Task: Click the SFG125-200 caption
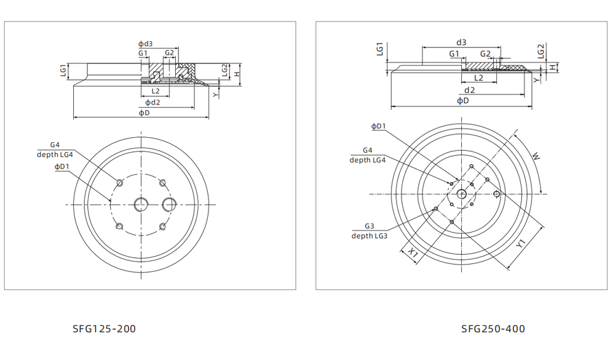(x=104, y=329)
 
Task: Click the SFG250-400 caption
(x=493, y=329)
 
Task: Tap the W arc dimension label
(x=536, y=157)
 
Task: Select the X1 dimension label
(x=414, y=253)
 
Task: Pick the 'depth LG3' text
(x=369, y=236)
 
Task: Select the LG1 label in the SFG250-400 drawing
(x=379, y=49)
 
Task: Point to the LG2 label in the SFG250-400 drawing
(x=541, y=50)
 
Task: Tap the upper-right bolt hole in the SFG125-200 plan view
(x=163, y=183)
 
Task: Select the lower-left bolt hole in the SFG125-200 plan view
(x=120, y=226)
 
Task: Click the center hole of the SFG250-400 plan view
(x=461, y=194)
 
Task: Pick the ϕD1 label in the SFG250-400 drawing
(x=378, y=127)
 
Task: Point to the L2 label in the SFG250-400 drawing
(x=478, y=78)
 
